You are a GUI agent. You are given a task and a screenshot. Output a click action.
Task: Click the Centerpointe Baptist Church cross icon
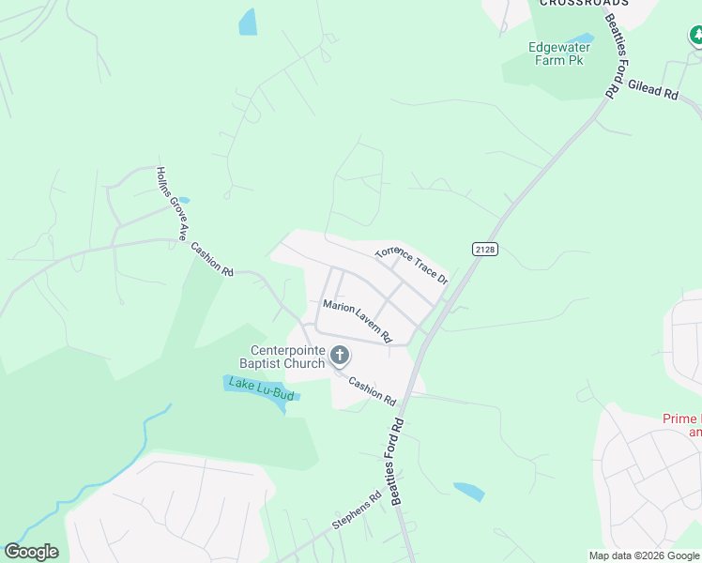pyautogui.click(x=340, y=356)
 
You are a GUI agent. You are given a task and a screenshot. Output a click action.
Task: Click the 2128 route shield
pyautogui.click(x=484, y=249)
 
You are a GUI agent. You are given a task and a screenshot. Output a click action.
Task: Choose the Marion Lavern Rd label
pyautogui.click(x=357, y=320)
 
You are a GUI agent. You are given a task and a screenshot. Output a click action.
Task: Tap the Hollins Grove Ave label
pyautogui.click(x=173, y=203)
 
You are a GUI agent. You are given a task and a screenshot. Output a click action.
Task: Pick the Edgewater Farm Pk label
pyautogui.click(x=556, y=53)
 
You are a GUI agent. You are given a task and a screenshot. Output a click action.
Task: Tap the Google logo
pyautogui.click(x=31, y=552)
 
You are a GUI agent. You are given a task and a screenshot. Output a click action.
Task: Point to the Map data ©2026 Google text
pyautogui.click(x=644, y=555)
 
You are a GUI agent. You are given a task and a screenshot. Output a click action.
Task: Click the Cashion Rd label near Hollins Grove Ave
pyautogui.click(x=211, y=259)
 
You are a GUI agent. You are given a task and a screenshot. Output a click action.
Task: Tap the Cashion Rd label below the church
pyautogui.click(x=372, y=390)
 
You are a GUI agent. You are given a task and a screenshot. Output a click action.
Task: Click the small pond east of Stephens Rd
pyautogui.click(x=468, y=491)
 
